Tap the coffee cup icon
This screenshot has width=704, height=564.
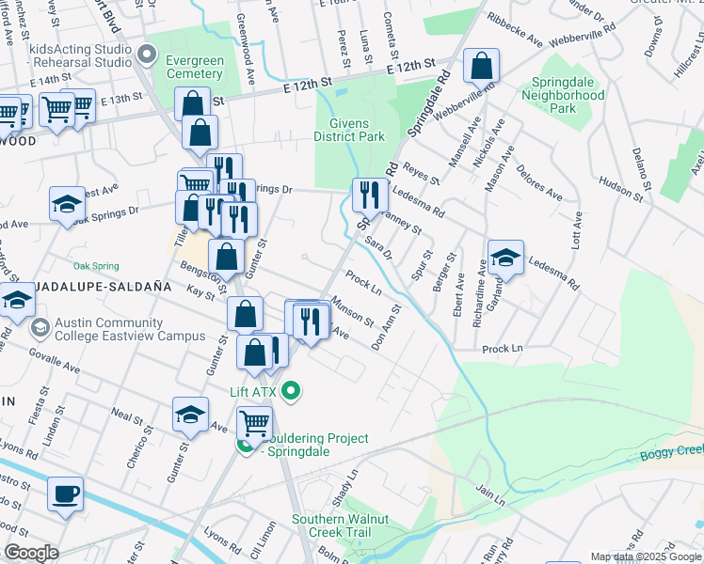coord(65,493)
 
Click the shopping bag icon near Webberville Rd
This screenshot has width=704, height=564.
coord(481,67)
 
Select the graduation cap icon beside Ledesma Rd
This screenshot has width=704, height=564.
coord(505,258)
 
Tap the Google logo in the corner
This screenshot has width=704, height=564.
coord(31,553)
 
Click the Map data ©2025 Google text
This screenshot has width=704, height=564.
coord(646,556)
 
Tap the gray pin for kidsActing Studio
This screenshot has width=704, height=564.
coord(145,54)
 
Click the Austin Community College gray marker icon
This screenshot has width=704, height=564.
coord(40,328)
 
